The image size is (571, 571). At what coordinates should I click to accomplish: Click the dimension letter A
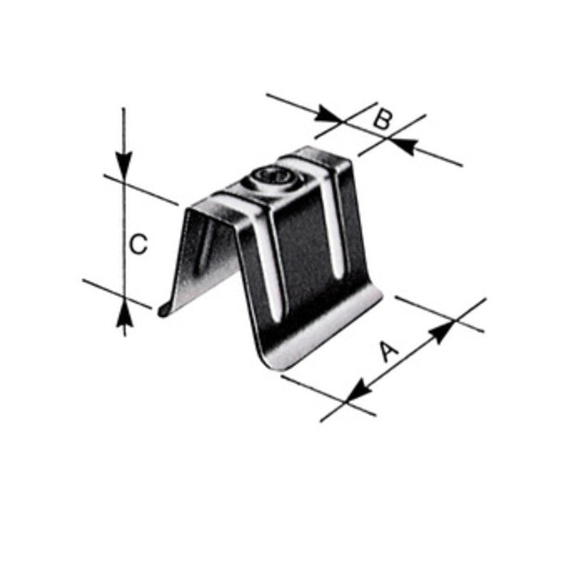(388, 352)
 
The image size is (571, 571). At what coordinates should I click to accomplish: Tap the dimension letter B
(383, 119)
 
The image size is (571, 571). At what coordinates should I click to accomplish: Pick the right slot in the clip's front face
(330, 228)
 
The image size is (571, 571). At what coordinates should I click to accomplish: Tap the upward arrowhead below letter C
(124, 312)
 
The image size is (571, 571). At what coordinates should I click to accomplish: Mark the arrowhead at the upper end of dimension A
(444, 330)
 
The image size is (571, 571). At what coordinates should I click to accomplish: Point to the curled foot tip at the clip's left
(163, 310)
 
